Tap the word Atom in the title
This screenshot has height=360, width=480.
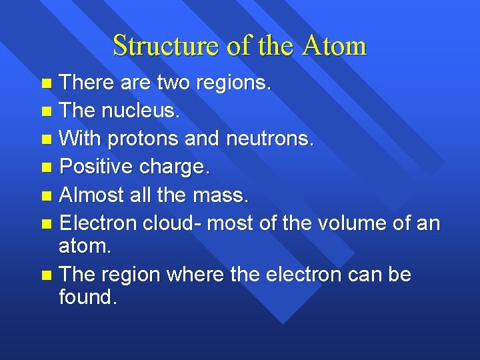tap(334, 45)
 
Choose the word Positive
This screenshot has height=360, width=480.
tap(97, 167)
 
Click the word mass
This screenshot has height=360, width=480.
tap(220, 195)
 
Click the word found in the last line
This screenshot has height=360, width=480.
tap(87, 297)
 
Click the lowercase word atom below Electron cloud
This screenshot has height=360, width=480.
tap(85, 246)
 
